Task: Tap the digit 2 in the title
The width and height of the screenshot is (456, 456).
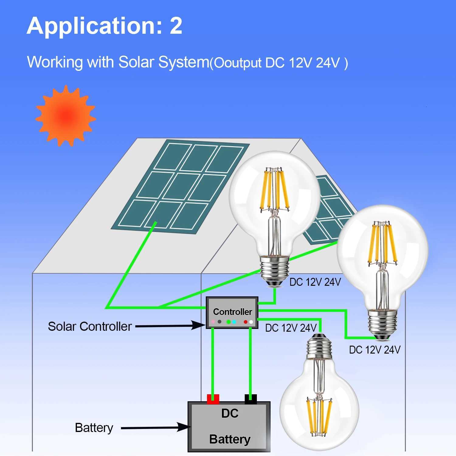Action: point(176,26)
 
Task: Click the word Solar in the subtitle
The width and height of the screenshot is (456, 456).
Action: point(136,62)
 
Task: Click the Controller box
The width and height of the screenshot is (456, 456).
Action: point(232,312)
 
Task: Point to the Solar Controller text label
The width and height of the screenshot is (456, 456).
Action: point(90,326)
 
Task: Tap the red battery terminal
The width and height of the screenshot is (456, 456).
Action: point(213,399)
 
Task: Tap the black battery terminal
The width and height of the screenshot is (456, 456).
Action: point(251,399)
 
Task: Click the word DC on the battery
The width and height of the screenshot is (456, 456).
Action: point(230,413)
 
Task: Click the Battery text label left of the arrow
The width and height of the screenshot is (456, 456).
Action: point(94,428)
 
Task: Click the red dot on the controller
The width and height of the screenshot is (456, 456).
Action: point(246,322)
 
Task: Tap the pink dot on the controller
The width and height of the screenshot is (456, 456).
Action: point(213,322)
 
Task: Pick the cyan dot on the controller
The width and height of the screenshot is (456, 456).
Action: point(234,322)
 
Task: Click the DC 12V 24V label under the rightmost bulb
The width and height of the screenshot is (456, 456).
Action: point(375,350)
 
